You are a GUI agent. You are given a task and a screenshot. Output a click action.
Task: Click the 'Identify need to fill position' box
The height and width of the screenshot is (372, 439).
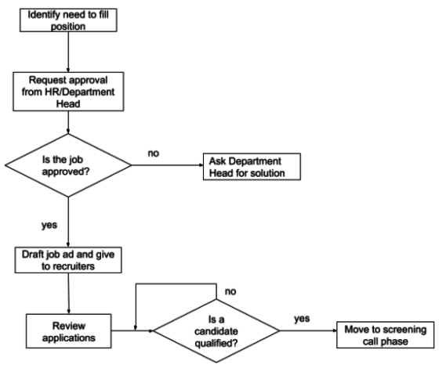pos(69,19)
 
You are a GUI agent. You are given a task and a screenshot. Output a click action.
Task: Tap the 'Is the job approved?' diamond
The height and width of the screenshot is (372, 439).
pos(70,166)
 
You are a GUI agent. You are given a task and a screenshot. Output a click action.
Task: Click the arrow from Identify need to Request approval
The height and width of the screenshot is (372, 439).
pos(70,51)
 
